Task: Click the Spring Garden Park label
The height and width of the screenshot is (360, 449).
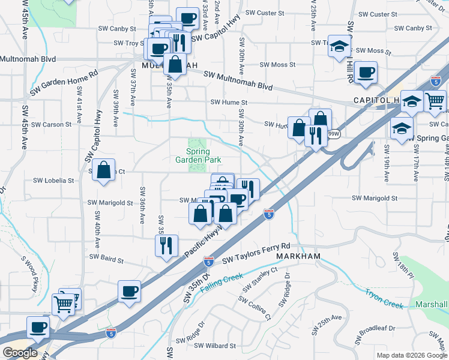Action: click(x=198, y=156)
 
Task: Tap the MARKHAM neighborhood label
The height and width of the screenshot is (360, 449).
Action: click(x=299, y=256)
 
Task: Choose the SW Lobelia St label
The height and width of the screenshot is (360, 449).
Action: click(x=53, y=180)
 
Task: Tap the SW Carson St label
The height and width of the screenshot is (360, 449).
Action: click(x=52, y=125)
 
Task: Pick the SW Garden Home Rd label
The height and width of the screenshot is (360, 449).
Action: click(x=64, y=85)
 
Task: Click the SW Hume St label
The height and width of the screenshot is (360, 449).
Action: click(x=229, y=103)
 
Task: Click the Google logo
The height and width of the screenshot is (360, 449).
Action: click(x=20, y=353)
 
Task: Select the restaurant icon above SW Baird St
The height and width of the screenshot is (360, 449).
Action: click(x=166, y=245)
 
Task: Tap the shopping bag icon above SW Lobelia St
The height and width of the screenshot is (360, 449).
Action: click(x=104, y=170)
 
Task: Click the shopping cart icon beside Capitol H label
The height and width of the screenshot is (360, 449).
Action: click(x=435, y=100)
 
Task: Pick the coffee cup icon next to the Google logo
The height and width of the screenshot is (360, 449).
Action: click(x=39, y=328)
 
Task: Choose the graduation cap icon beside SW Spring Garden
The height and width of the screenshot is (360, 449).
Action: click(x=402, y=128)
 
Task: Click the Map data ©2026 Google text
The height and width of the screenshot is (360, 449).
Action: click(x=412, y=355)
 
